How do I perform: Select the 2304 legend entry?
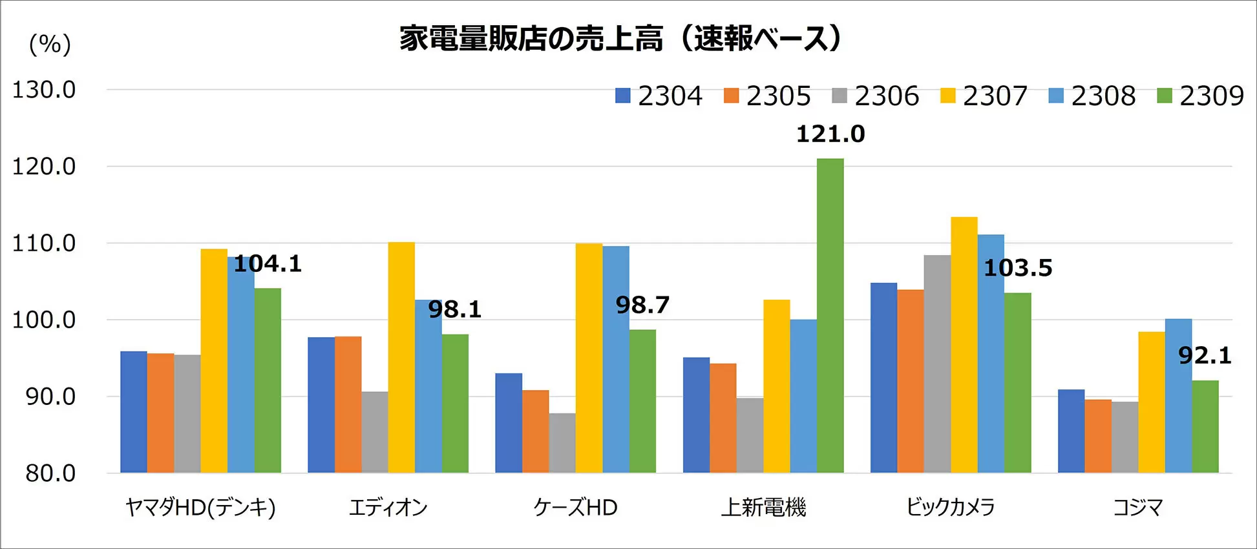tap(659, 96)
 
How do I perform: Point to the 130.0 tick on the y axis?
tap(44, 90)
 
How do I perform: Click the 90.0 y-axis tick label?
tap(50, 397)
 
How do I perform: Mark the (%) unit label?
tap(50, 44)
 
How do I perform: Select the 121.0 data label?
tap(830, 134)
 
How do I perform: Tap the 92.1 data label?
tap(1205, 355)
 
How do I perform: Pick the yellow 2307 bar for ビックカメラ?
tap(964, 345)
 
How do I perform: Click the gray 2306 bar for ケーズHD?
tap(562, 443)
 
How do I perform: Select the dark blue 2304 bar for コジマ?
tap(1071, 431)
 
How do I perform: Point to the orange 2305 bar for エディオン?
tap(348, 404)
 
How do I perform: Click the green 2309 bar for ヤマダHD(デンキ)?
tap(268, 380)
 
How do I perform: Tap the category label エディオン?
tap(388, 508)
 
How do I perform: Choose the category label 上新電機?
tap(763, 508)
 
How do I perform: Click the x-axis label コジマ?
tap(1137, 508)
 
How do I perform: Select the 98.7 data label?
tap(642, 305)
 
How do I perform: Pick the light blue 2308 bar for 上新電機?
tap(803, 396)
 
